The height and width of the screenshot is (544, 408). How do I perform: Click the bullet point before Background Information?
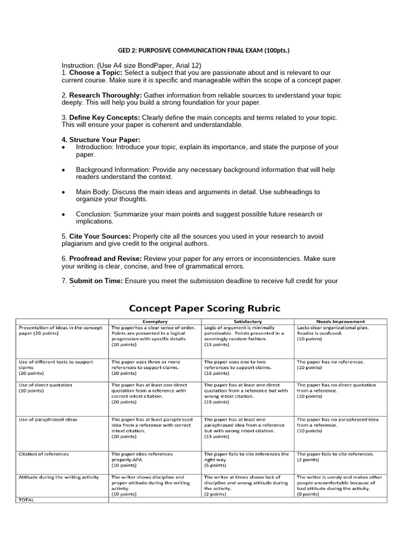[x=64, y=169]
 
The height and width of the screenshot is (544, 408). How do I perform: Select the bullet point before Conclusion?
[x=64, y=214]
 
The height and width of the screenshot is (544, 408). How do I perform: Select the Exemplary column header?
[x=155, y=321]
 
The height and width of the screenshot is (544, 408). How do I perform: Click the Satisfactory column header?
[x=248, y=321]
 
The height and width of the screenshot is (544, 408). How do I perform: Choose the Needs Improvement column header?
[x=341, y=321]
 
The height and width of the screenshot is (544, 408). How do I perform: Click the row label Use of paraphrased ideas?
[x=48, y=420]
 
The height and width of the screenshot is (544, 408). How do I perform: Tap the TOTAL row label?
[x=26, y=500]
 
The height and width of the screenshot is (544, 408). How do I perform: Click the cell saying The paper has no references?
[x=330, y=362]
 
